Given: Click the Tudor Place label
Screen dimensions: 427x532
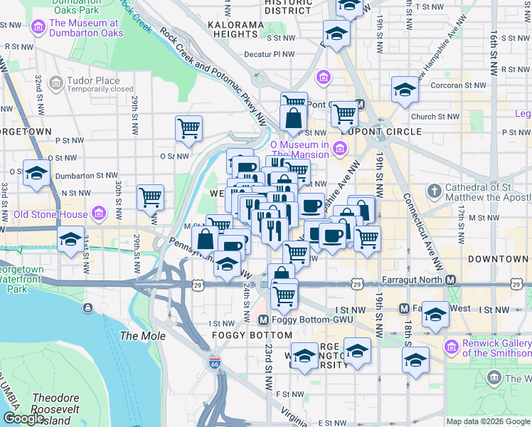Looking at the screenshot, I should (100, 80).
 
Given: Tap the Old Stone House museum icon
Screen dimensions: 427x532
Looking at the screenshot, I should (98, 214).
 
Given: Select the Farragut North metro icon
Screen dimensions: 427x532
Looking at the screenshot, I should (451, 280).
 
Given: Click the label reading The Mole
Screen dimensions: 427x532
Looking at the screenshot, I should (142, 336).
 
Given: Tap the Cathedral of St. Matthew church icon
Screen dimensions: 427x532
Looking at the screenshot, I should (434, 191).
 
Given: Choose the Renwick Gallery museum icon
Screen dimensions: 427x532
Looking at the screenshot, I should (450, 347).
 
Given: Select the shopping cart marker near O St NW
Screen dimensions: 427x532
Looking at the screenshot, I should (188, 130).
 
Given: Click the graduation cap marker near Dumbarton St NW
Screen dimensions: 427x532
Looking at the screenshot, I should (36, 173).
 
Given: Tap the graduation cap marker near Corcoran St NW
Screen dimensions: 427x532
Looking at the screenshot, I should (405, 90).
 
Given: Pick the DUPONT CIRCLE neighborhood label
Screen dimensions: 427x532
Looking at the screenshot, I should (381, 132).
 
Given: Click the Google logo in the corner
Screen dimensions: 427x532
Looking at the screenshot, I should (24, 418).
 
